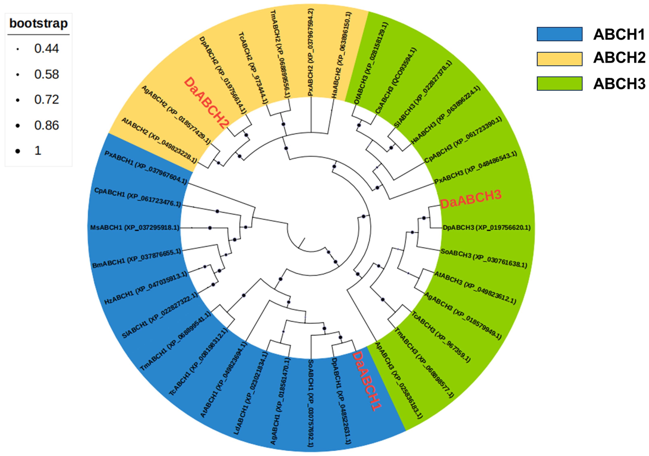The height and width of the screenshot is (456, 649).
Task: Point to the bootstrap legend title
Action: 39,23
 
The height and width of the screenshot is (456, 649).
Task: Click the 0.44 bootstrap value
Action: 47,49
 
